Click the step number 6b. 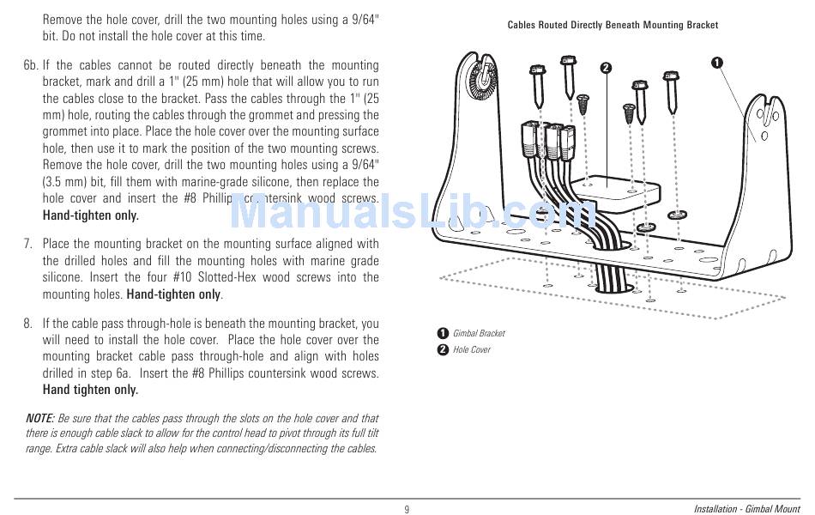coord(32,65)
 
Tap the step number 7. coord(28,245)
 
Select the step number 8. coord(28,324)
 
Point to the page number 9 coord(407,509)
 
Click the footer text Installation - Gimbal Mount coord(746,509)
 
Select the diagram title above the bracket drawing coord(613,26)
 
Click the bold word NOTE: coord(40,418)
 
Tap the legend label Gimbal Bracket coord(479,333)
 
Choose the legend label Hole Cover coord(472,349)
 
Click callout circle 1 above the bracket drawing coord(716,62)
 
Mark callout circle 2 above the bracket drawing coord(606,68)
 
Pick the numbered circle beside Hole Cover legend coord(443,349)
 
